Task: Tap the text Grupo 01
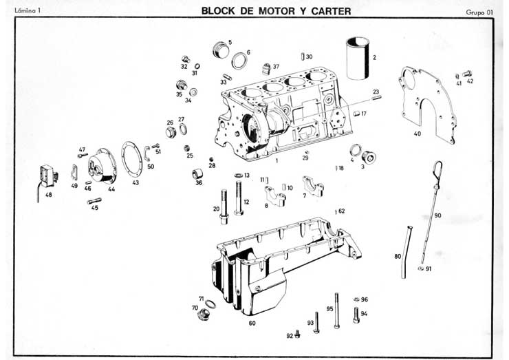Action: pos(480,12)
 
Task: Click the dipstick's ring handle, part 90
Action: pos(437,167)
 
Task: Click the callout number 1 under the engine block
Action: pos(275,162)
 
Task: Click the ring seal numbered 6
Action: pos(239,61)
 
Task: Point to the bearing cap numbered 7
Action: pos(313,185)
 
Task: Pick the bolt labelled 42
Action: pos(468,73)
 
